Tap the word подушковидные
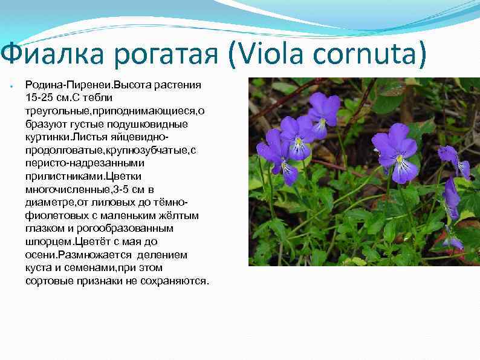pos(154,123)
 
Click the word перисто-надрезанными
pos(75,163)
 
